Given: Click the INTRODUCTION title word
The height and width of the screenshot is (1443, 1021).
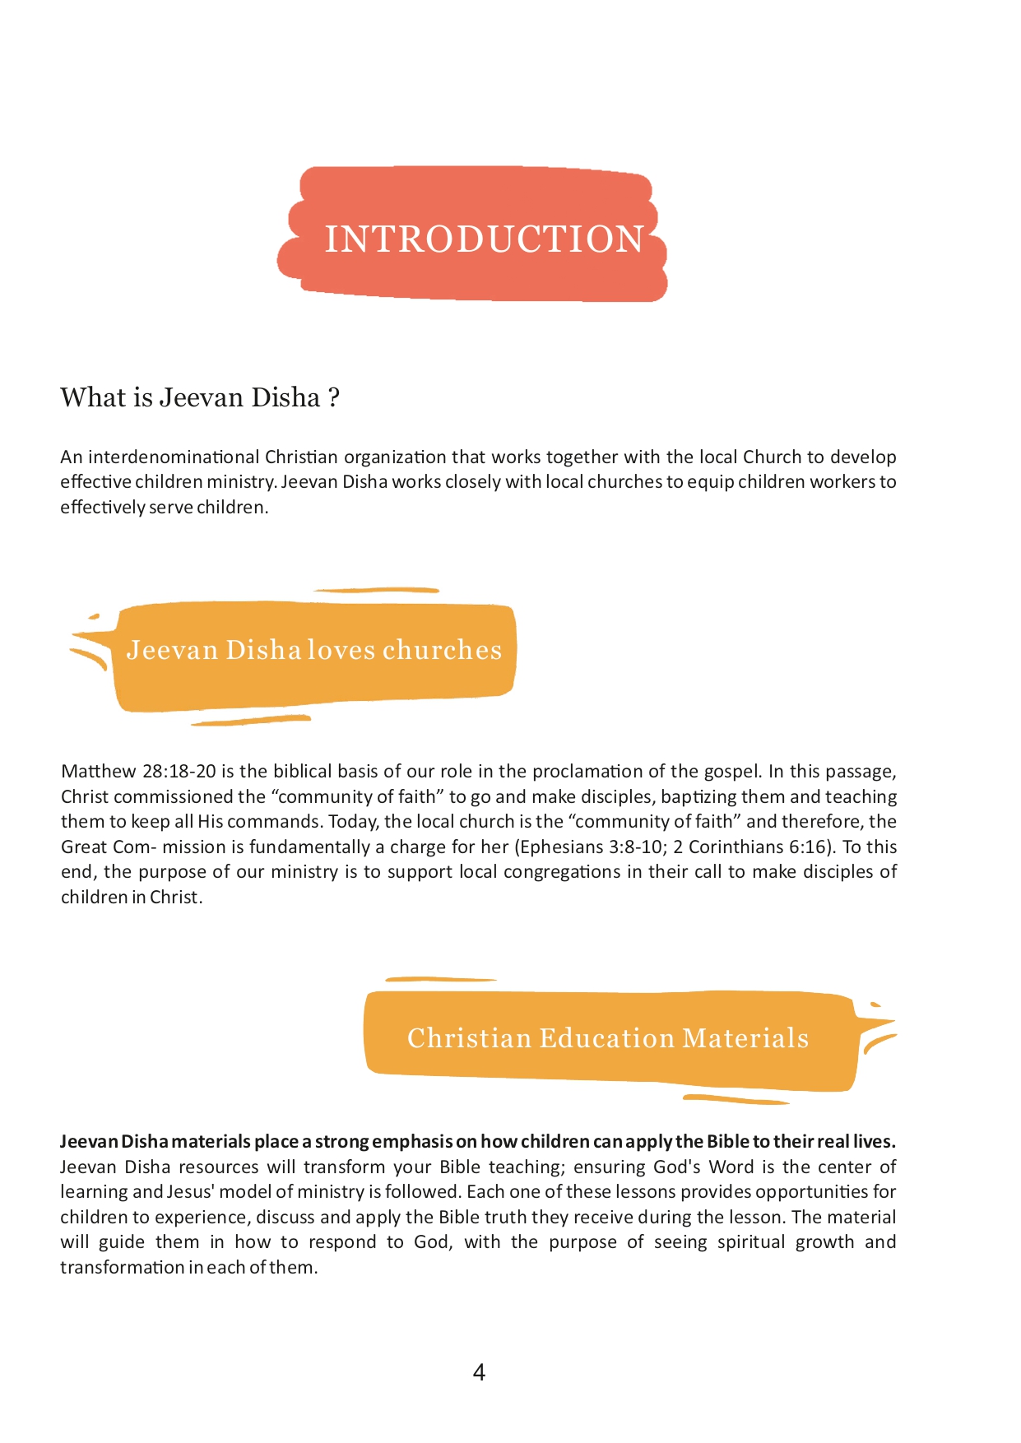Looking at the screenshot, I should point(484,239).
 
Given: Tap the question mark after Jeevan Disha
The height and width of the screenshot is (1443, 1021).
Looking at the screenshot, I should point(333,398).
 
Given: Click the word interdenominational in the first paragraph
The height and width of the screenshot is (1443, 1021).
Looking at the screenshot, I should point(174,457).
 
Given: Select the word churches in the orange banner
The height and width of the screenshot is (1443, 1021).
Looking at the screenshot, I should point(442,650).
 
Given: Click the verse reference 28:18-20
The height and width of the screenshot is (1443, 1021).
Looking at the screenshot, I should point(179,772).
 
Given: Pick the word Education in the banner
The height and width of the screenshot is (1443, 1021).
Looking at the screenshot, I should point(606,1038).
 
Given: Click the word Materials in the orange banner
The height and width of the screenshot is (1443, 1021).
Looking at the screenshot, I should point(745,1038).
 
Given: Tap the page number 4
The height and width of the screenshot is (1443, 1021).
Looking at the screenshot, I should point(479,1372).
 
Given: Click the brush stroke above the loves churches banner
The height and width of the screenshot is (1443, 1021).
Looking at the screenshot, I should point(376,590).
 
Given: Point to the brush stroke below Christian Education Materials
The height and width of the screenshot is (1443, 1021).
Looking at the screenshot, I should point(736,1099).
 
